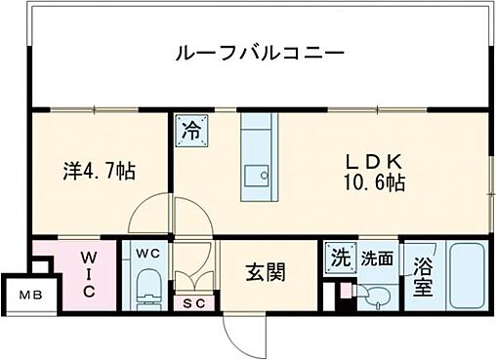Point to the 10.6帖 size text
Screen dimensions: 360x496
coord(371,182)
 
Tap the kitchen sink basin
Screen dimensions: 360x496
coord(258,178)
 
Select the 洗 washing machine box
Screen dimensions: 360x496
coord(338,260)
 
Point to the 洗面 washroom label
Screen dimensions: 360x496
coord(376,260)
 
